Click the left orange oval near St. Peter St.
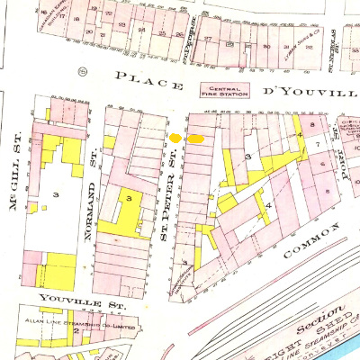(x=175, y=138)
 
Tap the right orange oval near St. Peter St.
(x=194, y=139)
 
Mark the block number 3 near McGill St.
(x=56, y=194)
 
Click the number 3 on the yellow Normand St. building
(x=130, y=197)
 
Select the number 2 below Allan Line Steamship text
(x=77, y=329)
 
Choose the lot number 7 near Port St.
(x=317, y=144)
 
